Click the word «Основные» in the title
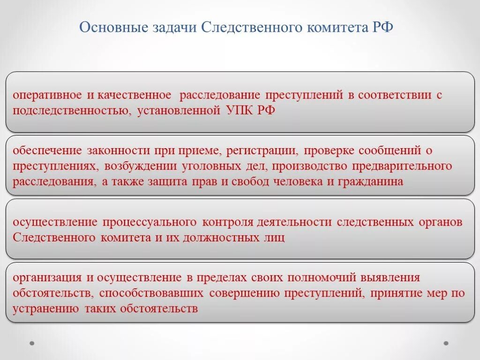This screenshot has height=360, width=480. pyautogui.click(x=110, y=27)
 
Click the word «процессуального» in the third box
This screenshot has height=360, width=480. pyautogui.click(x=150, y=222)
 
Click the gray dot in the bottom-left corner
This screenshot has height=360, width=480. pyautogui.click(x=32, y=343)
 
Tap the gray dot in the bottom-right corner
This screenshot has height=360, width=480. pyautogui.click(x=446, y=343)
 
